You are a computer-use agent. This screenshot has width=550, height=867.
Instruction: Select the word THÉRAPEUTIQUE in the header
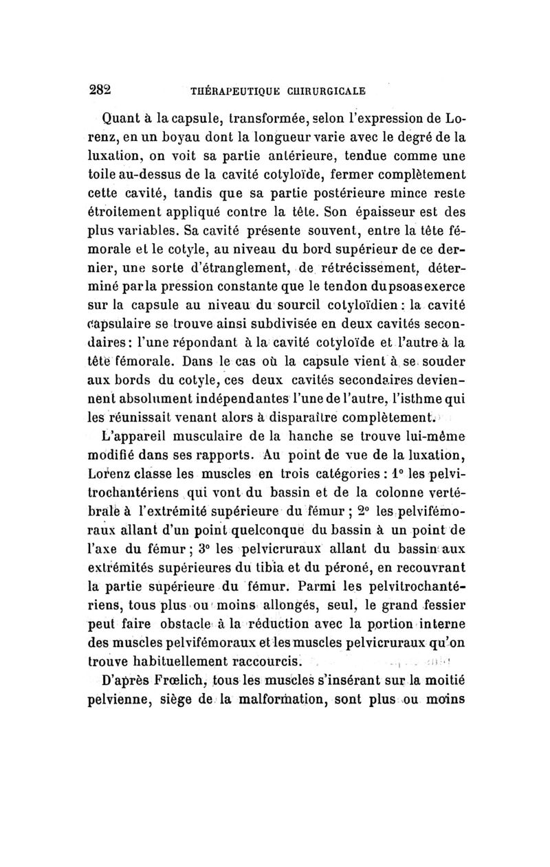click(x=221, y=91)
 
